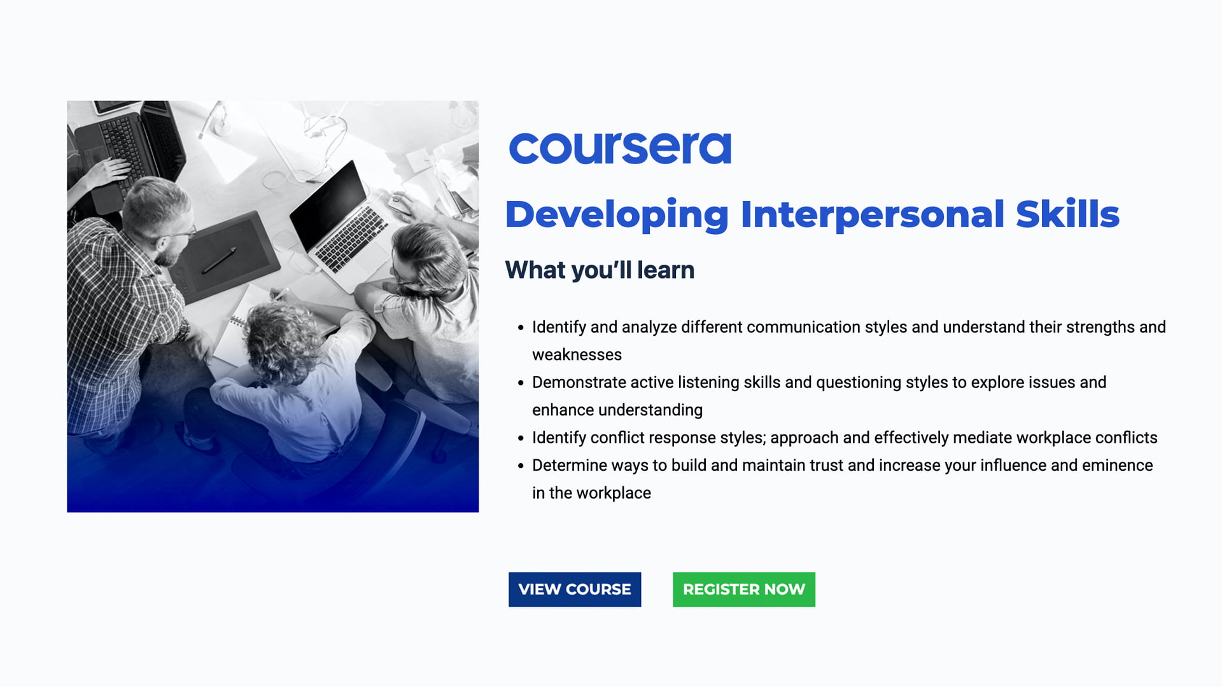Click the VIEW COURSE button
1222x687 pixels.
pyautogui.click(x=575, y=589)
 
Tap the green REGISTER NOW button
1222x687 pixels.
pyautogui.click(x=744, y=589)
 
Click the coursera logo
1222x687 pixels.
pyautogui.click(x=621, y=148)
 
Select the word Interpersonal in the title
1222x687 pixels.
pyautogui.click(x=873, y=214)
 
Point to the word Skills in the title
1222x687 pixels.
pyautogui.click(x=1067, y=214)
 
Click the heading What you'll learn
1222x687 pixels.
pyautogui.click(x=600, y=270)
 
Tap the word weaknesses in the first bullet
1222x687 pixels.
pyautogui.click(x=577, y=355)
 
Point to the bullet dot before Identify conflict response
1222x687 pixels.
pyautogui.click(x=521, y=438)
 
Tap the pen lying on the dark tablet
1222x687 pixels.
pyautogui.click(x=219, y=260)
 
